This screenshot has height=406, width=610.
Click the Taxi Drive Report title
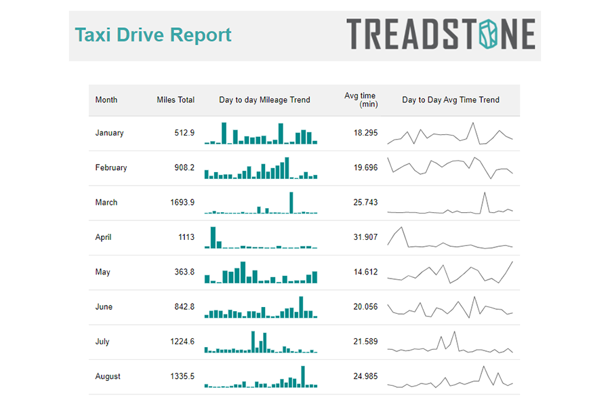pyautogui.click(x=153, y=35)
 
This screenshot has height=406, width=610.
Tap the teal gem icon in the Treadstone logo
pyautogui.click(x=488, y=34)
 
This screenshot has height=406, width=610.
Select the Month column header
pyautogui.click(x=106, y=100)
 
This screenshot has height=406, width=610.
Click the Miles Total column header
pyautogui.click(x=176, y=100)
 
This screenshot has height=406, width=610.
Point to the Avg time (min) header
pyautogui.click(x=361, y=100)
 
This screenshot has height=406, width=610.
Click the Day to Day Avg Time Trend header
pyautogui.click(x=451, y=100)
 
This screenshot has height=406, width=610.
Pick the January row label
pyautogui.click(x=109, y=133)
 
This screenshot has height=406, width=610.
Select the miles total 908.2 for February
pyautogui.click(x=184, y=167)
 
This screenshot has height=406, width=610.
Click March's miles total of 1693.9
pyautogui.click(x=182, y=202)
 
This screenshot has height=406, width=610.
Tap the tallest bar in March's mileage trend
pyautogui.click(x=291, y=203)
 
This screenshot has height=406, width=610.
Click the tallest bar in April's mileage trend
pyautogui.click(x=213, y=238)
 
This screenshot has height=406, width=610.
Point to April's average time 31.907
pyautogui.click(x=365, y=237)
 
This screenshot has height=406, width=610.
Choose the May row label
pyautogui.click(x=103, y=272)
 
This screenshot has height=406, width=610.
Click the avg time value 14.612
pyautogui.click(x=365, y=272)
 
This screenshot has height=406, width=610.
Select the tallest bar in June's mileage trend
pyautogui.click(x=301, y=307)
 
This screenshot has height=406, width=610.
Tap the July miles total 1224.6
pyautogui.click(x=182, y=342)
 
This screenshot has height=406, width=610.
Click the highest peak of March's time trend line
pyautogui.click(x=485, y=192)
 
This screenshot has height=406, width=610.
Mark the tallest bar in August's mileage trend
pyautogui.click(x=303, y=377)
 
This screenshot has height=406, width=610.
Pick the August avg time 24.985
pyautogui.click(x=365, y=376)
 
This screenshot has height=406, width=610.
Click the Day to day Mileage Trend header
pyautogui.click(x=264, y=100)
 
